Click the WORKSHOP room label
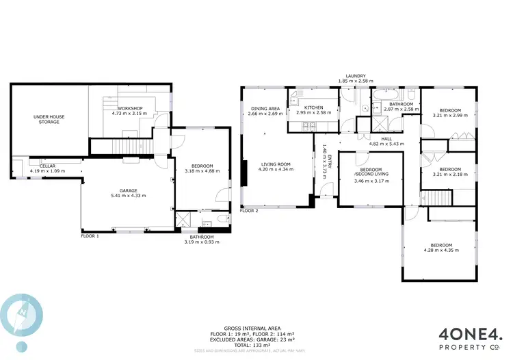pyautogui.click(x=129, y=109)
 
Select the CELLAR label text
pyautogui.click(x=47, y=166)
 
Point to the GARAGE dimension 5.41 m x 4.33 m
pyautogui.click(x=128, y=196)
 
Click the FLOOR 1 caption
pyautogui.click(x=90, y=235)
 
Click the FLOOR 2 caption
pyautogui.click(x=249, y=211)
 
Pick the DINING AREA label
pyautogui.click(x=265, y=109)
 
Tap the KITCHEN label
pyautogui.click(x=314, y=107)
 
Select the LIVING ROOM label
pyautogui.click(x=275, y=164)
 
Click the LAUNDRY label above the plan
pyautogui.click(x=356, y=76)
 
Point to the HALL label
pyautogui.click(x=386, y=139)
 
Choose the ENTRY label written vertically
pyautogui.click(x=330, y=164)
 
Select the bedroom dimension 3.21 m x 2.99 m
pyautogui.click(x=450, y=116)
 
